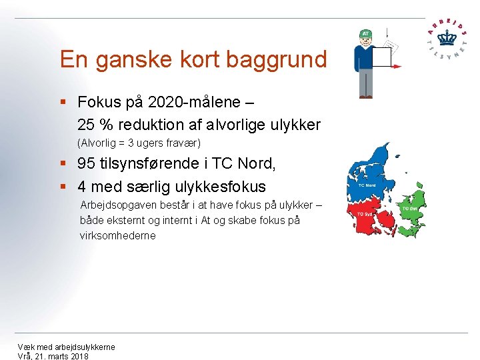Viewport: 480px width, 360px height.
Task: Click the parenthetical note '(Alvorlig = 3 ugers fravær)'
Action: (x=139, y=143)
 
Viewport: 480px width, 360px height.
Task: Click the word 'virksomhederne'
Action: (x=117, y=235)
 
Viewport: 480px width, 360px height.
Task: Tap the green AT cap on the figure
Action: (x=365, y=33)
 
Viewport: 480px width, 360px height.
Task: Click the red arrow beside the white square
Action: (x=397, y=66)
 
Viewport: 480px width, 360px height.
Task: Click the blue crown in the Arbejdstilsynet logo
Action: (x=446, y=37)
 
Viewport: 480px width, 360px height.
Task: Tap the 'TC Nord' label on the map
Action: (x=367, y=185)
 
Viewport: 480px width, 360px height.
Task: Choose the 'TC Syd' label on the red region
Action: (x=364, y=214)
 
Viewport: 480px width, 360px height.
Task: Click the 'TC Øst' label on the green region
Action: (x=408, y=208)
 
